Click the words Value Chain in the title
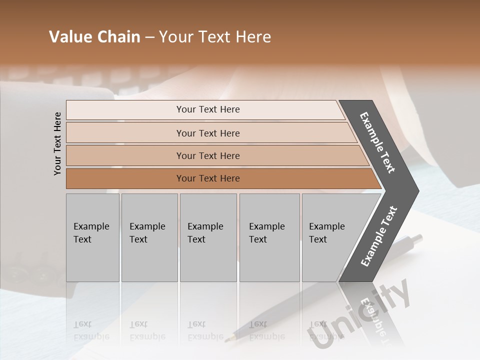pyautogui.click(x=94, y=37)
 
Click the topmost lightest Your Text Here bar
pyautogui.click(x=207, y=109)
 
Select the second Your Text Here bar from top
pyautogui.click(x=207, y=133)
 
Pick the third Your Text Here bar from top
pyautogui.click(x=207, y=155)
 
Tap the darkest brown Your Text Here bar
pyautogui.click(x=207, y=178)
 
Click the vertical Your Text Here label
pyautogui.click(x=57, y=143)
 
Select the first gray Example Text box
pyautogui.click(x=92, y=237)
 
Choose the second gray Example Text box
pyautogui.click(x=149, y=237)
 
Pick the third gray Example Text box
pyautogui.click(x=208, y=237)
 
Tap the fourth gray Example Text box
pyautogui.click(x=269, y=237)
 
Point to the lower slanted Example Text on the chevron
pyautogui.click(x=379, y=236)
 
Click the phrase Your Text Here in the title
pyautogui.click(x=215, y=37)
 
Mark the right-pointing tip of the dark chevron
pyautogui.click(x=418, y=190)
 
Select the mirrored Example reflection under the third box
pyautogui.click(x=205, y=336)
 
